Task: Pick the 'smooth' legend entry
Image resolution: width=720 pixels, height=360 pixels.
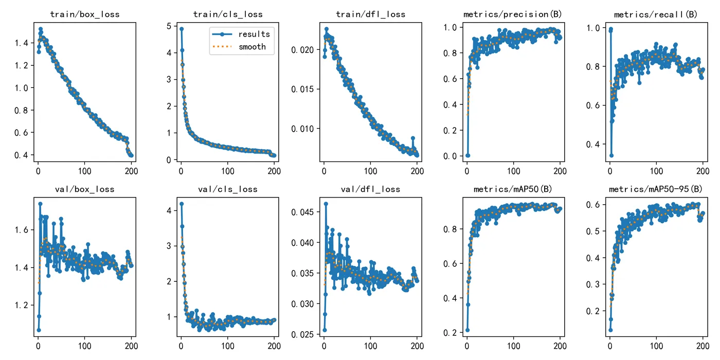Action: pyautogui.click(x=252, y=47)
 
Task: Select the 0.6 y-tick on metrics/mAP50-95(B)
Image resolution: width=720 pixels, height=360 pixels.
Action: pyautogui.click(x=595, y=205)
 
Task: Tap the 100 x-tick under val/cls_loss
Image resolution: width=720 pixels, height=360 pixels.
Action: pyautogui.click(x=228, y=346)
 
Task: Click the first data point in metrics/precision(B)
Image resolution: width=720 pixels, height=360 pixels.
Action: pyautogui.click(x=467, y=155)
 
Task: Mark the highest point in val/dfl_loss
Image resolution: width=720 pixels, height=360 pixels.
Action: pyautogui.click(x=326, y=204)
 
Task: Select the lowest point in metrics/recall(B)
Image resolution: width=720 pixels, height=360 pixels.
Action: pyautogui.click(x=611, y=155)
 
